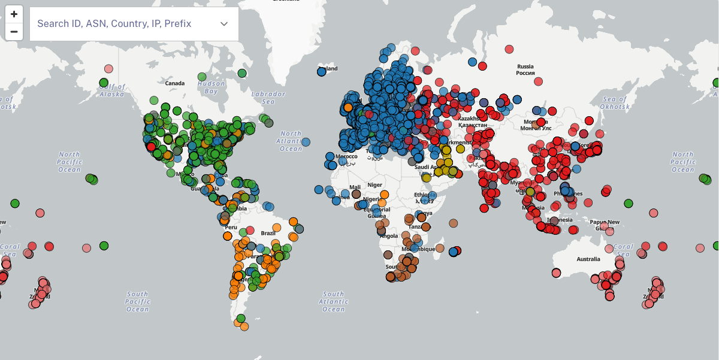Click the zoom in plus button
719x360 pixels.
coord(14,14)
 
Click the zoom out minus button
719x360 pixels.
coord(14,32)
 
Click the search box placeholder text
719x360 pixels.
coord(114,23)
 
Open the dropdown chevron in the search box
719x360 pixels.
coord(224,23)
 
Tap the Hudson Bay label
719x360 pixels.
coord(211,87)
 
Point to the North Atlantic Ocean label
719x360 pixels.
coord(291,141)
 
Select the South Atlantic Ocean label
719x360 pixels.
coord(333,301)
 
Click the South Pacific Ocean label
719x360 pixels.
coord(137,301)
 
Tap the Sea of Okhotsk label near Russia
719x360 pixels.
coord(614,102)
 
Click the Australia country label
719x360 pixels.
coord(588,259)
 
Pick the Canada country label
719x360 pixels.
coord(175,83)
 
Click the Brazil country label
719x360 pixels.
coord(268,232)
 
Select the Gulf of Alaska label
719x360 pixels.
coord(113,90)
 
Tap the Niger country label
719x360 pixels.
coord(374,184)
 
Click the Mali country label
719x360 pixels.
coord(355,187)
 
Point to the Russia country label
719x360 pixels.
coord(525,69)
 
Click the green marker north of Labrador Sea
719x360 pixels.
coord(242,73)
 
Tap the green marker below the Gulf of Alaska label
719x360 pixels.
coord(104,83)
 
